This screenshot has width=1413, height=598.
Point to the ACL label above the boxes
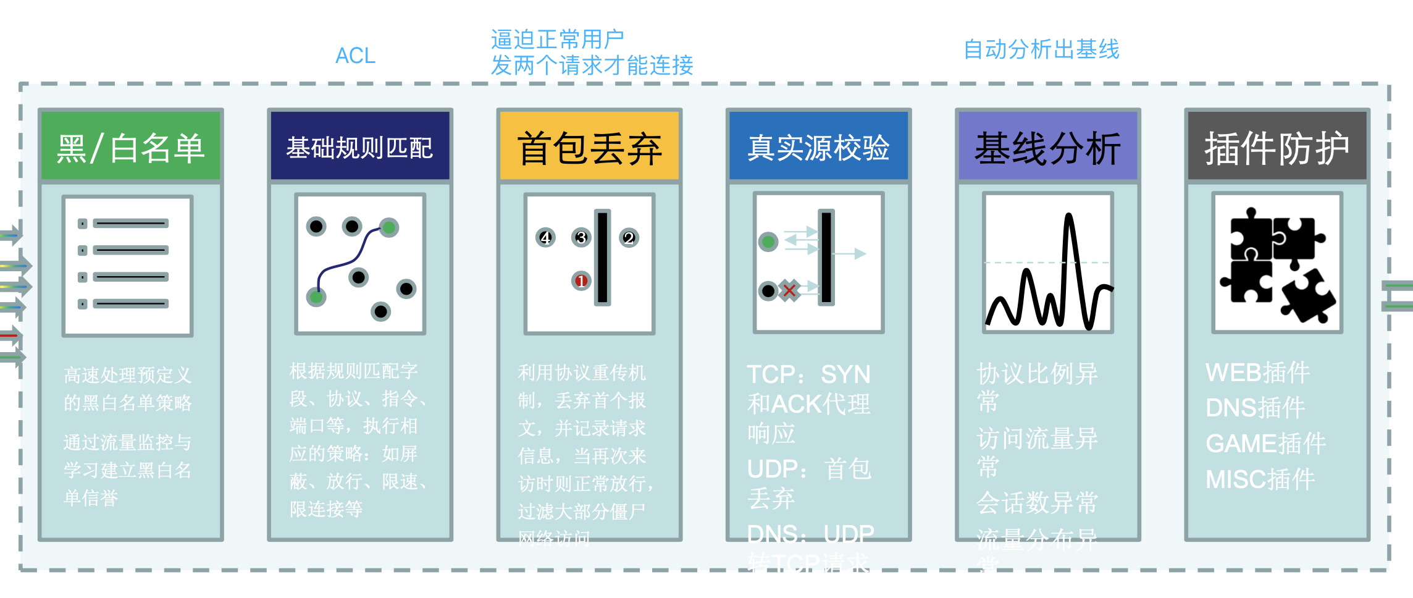[355, 56]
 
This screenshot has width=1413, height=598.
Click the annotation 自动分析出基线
[1041, 49]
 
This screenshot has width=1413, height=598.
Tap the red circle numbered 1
[581, 281]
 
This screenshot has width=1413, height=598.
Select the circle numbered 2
[629, 238]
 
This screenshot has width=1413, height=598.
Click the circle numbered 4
[545, 238]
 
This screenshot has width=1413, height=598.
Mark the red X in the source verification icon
[789, 290]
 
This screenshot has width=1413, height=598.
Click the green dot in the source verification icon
[768, 242]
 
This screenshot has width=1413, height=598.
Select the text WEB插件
[1257, 373]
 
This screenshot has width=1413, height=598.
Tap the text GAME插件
[1265, 444]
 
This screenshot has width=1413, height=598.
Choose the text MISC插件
[1260, 479]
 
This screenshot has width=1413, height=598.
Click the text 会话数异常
[1037, 503]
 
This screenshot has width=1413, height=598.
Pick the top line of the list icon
[130, 223]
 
